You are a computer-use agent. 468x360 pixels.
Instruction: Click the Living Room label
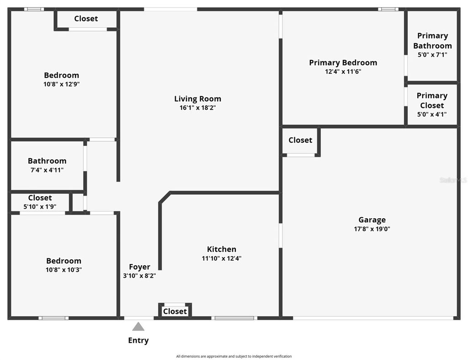[x=197, y=99]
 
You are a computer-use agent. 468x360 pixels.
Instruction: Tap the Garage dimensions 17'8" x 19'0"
[x=372, y=229]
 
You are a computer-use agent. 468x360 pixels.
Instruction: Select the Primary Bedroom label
[x=343, y=63]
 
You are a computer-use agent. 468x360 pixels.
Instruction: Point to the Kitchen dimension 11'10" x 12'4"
[x=222, y=258]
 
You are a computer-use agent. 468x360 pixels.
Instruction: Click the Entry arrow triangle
[x=138, y=327]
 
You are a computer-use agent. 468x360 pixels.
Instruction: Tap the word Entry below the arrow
[x=138, y=340]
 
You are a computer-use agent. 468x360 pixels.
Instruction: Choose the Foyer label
[x=139, y=267]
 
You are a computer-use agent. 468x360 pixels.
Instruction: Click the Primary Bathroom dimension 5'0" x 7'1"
[x=432, y=55]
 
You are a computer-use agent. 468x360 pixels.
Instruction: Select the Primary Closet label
[x=432, y=100]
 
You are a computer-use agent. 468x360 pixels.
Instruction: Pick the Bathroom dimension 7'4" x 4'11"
[x=47, y=170]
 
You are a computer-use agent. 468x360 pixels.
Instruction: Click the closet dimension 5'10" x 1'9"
[x=40, y=207]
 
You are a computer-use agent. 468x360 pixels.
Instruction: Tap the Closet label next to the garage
[x=300, y=140]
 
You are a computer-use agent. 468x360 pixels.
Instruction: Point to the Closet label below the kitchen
[x=175, y=312]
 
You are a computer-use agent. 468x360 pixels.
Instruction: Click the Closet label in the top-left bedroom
[x=86, y=19]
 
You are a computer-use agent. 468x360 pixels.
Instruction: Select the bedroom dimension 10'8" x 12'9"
[x=62, y=84]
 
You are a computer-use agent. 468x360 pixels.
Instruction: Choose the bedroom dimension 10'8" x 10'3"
[x=64, y=270]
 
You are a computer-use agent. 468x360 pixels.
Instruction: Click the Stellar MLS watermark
[x=453, y=180]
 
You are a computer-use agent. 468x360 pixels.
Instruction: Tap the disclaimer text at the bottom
[x=234, y=356]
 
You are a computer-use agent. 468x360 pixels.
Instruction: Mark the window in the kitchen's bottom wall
[x=234, y=318]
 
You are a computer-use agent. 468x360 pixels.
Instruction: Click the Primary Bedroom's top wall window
[x=388, y=9]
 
